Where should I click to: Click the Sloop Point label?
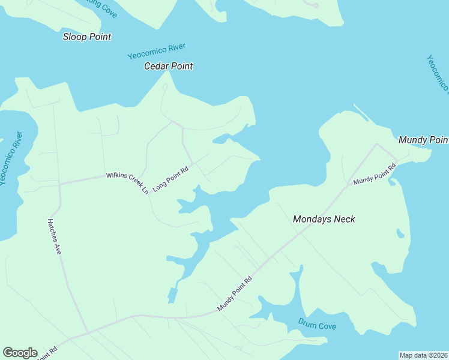click(87, 37)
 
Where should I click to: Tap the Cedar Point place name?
click(168, 66)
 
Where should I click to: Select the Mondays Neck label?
click(324, 219)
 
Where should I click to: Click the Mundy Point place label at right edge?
click(424, 140)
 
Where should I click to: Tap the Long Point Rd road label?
click(170, 179)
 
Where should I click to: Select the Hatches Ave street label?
click(54, 236)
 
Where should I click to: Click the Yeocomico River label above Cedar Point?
click(157, 52)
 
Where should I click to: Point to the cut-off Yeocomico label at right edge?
click(438, 74)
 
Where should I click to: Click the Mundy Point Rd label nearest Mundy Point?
click(375, 173)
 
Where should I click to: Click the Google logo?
click(20, 353)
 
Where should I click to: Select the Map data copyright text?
click(423, 355)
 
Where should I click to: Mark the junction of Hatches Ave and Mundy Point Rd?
click(88, 332)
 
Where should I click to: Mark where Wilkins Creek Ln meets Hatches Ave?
click(59, 183)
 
